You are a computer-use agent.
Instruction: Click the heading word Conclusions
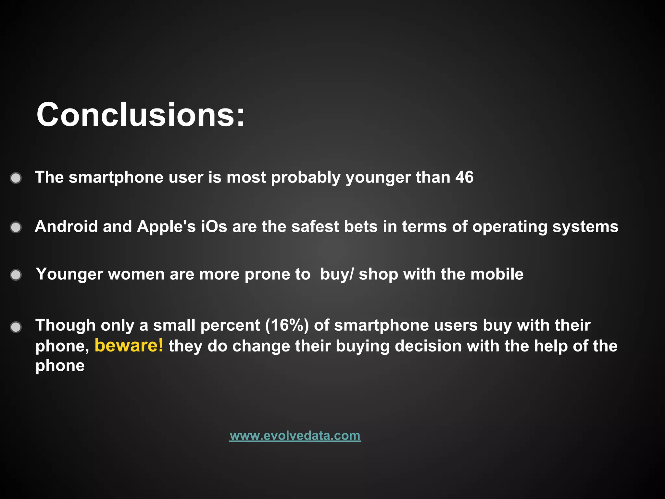point(140,115)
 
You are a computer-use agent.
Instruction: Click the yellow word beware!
point(129,345)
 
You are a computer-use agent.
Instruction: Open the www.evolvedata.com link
point(295,436)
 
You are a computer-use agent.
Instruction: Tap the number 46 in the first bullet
point(464,177)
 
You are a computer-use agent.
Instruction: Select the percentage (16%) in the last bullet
point(287,325)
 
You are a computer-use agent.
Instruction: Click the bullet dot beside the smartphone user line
point(16,178)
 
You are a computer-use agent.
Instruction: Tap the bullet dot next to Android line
point(16,227)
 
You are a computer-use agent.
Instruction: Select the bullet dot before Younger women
point(16,275)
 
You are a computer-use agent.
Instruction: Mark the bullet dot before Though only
point(16,327)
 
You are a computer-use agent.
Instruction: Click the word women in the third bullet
point(136,274)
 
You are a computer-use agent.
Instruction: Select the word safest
point(315,226)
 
